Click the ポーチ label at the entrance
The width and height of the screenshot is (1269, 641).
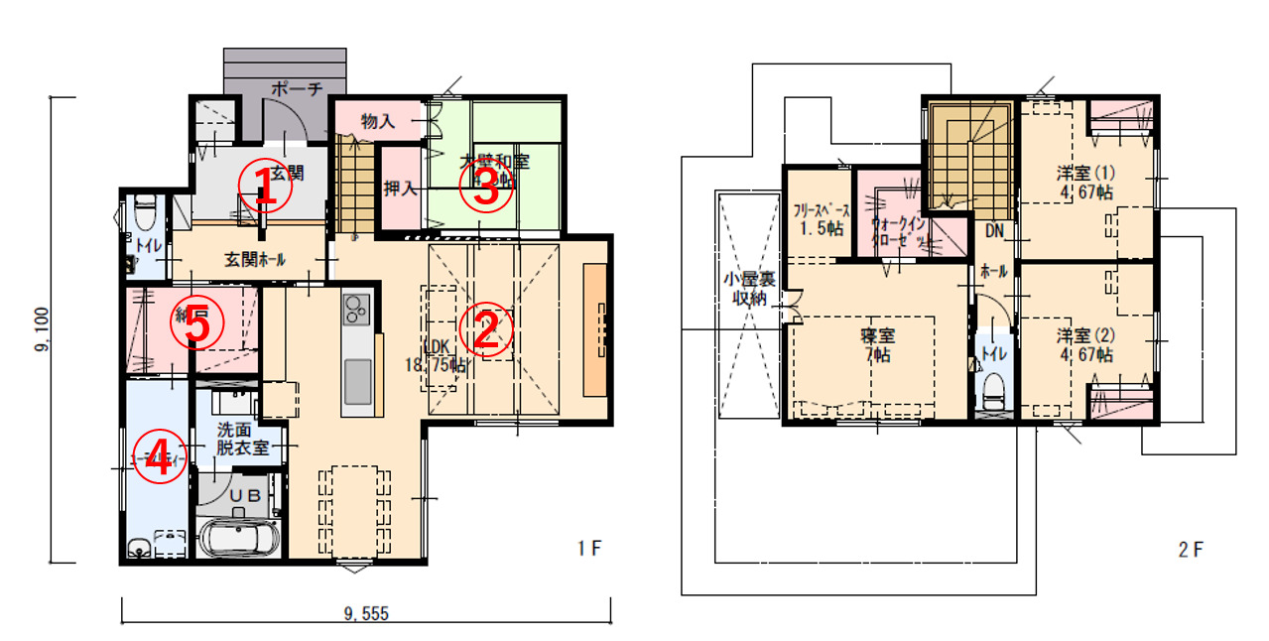(297, 89)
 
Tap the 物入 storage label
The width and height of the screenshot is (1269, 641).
(378, 122)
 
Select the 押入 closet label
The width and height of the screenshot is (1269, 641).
(400, 188)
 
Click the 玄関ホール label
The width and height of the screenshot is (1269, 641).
(255, 260)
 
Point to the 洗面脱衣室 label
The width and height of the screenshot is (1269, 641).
(243, 439)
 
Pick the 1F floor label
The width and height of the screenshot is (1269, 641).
(589, 548)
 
